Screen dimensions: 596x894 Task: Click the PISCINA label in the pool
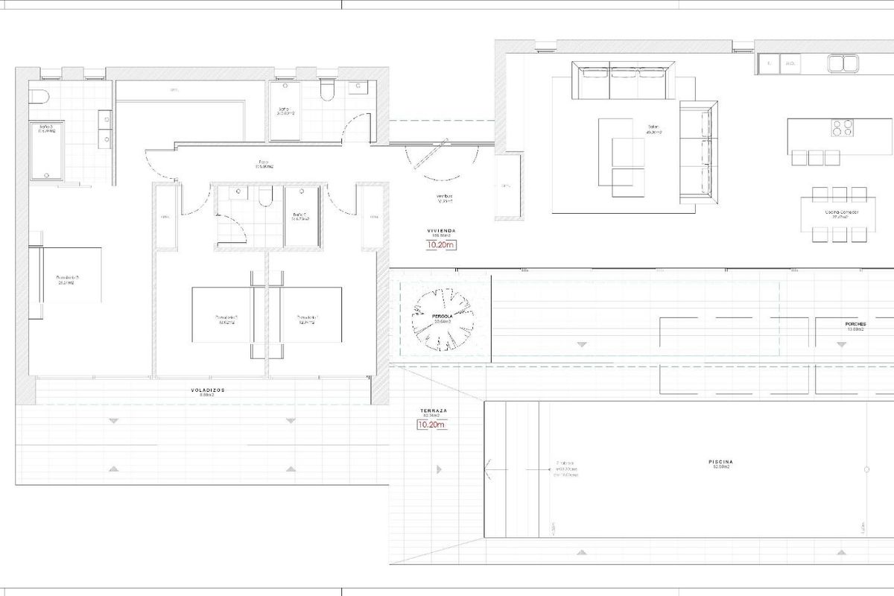point(719,462)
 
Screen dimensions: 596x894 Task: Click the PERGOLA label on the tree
point(444,316)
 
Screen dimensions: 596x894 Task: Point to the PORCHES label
point(855,325)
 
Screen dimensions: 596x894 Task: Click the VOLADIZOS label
point(206,390)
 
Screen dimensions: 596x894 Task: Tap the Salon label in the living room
point(654,127)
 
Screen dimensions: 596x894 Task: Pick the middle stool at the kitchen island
point(816,158)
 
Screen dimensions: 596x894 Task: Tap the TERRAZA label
point(433,411)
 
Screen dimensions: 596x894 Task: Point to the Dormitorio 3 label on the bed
point(66,279)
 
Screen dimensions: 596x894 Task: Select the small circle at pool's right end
point(866,469)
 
